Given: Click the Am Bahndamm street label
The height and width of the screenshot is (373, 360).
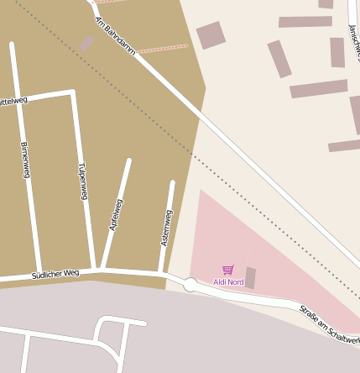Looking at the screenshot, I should click(115, 36).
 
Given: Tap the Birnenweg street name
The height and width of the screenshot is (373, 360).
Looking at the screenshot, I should click(25, 160).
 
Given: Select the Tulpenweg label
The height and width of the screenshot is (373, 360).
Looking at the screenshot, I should click(82, 181).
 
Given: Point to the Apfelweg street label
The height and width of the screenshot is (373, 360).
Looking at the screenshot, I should click(116, 215).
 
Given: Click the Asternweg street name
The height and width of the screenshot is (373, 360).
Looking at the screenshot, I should click(166, 228).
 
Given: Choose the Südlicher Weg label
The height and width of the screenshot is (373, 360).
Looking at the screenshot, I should click(55, 274).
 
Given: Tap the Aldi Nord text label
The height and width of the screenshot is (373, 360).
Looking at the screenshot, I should click(228, 281).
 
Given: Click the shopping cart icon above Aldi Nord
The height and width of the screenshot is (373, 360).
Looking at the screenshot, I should click(227, 270).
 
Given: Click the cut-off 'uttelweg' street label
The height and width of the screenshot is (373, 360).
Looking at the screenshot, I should click(13, 101).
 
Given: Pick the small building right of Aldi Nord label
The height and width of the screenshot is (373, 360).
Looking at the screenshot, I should click(250, 277).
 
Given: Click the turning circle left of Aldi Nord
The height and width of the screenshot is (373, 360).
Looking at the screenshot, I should click(190, 286).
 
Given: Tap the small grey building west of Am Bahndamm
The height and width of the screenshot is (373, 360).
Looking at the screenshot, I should click(86, 43).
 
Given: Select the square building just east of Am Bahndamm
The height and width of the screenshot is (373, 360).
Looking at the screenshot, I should click(211, 35).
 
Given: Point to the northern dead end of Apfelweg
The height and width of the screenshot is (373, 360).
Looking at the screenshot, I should click(129, 160).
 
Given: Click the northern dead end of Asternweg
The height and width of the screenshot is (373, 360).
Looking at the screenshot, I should click(173, 182).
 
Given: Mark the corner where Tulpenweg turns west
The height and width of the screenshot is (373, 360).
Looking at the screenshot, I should click(73, 92).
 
